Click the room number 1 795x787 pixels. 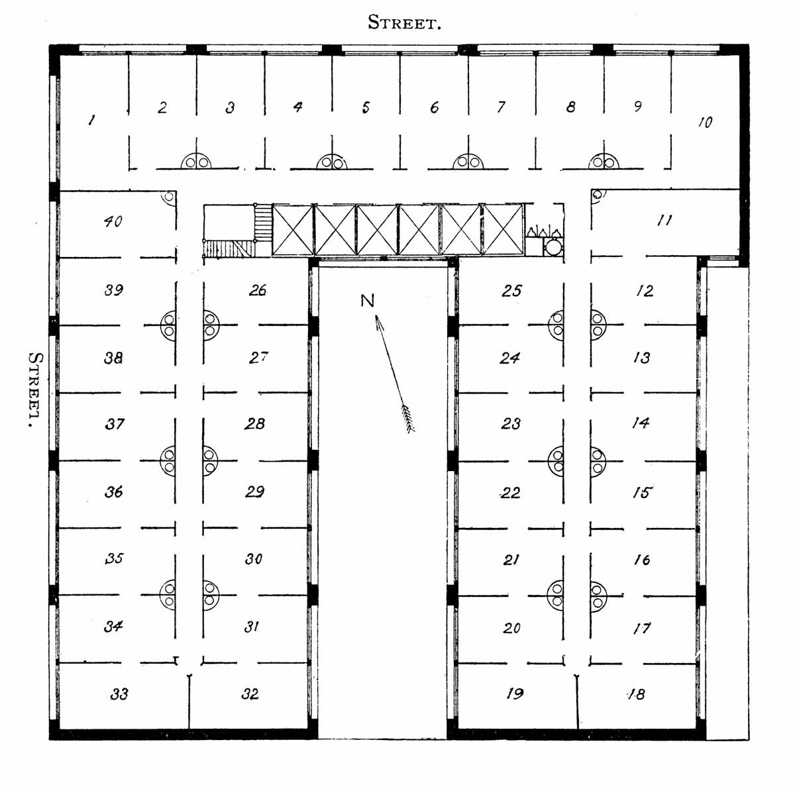(91, 120)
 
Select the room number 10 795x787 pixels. (705, 122)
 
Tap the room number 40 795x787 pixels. (113, 221)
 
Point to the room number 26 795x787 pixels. (258, 290)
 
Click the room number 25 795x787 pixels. (511, 291)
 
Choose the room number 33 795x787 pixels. (119, 694)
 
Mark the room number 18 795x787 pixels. (637, 694)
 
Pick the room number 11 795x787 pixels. (664, 221)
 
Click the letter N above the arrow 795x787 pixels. (367, 301)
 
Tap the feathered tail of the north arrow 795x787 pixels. (408, 419)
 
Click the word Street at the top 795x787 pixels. (404, 23)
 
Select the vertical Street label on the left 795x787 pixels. (34, 389)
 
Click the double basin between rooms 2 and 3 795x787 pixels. (196, 162)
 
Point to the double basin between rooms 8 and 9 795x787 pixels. (604, 162)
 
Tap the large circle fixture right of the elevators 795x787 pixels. (553, 247)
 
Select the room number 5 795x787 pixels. (366, 107)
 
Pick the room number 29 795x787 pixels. (254, 492)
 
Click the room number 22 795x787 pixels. (510, 492)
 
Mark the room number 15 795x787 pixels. (643, 492)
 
